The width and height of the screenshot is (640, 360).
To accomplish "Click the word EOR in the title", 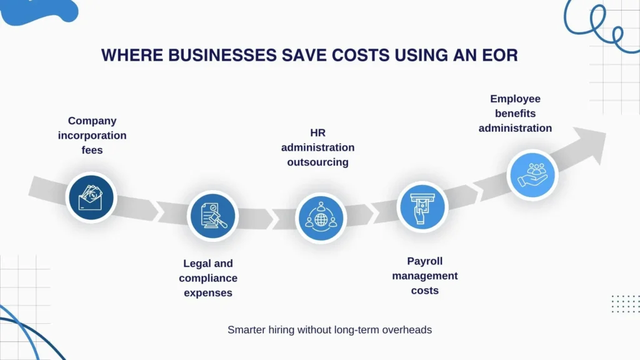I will [x=500, y=55].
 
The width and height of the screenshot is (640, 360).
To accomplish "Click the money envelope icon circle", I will [x=92, y=197].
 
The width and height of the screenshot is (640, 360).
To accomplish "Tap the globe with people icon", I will [x=321, y=218].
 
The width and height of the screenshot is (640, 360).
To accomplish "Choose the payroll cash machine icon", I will [x=422, y=207].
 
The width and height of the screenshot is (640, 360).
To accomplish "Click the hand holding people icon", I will [x=532, y=175].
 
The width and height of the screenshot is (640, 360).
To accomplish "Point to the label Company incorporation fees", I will [x=92, y=135].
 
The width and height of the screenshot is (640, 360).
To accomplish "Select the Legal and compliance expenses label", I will [x=208, y=278].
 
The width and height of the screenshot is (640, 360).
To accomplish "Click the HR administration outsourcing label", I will [x=317, y=147].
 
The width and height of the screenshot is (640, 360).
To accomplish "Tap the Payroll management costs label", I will [x=425, y=276].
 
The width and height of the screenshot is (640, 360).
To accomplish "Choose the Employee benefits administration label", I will [x=515, y=113].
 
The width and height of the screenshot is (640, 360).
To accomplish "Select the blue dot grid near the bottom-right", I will [x=625, y=304].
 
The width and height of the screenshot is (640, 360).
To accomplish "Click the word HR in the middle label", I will [x=317, y=133].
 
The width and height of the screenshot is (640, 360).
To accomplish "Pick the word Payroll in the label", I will [x=425, y=261].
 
